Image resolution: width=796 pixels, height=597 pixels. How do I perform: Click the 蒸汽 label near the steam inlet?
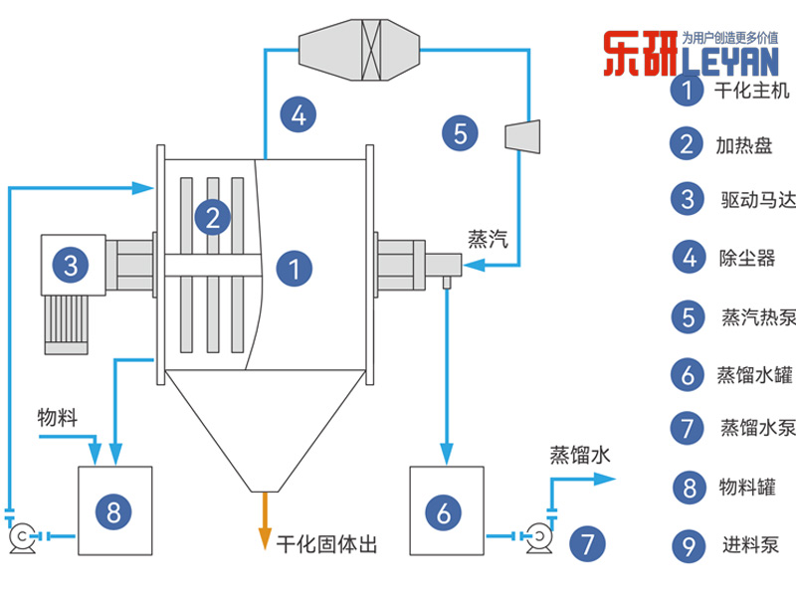[488, 239]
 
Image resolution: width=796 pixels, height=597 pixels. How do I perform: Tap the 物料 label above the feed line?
[57, 414]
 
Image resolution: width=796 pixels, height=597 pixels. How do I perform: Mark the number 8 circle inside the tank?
[113, 511]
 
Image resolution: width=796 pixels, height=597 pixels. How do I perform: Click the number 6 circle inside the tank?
[444, 512]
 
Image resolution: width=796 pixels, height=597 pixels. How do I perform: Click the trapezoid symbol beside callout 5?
[523, 136]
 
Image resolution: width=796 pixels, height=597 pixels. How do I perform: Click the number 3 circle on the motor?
[71, 265]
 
